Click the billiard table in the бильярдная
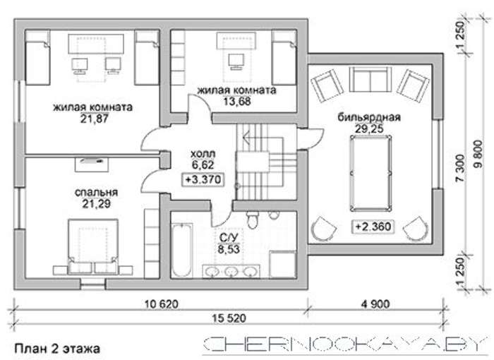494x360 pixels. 370,173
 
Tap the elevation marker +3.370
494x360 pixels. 203,180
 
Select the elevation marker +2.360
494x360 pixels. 373,227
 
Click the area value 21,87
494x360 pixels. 94,119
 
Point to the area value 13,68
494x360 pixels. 237,102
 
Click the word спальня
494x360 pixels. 96,192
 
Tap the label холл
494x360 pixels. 203,154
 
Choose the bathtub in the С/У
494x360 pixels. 182,250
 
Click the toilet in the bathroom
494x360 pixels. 253,220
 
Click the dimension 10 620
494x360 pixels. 162,304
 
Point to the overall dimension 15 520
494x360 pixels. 229,318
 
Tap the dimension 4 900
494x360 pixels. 375,304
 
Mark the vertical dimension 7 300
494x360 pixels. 459,168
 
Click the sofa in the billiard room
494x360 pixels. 370,79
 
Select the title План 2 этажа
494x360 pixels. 57,349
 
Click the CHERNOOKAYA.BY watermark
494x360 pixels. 343,344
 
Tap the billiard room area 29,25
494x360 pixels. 369,128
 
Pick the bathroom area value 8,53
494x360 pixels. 229,249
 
